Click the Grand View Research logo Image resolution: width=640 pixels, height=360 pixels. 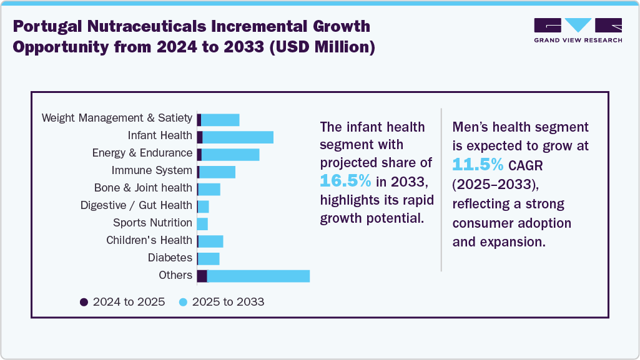pos(578,29)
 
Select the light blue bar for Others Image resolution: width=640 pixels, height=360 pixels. pos(258,276)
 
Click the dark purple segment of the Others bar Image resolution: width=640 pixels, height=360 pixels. pos(202,276)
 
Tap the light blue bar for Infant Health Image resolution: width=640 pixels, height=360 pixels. pos(238,137)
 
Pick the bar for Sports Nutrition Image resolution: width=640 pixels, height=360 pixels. pos(202,223)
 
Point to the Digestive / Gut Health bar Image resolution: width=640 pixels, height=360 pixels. pos(203,206)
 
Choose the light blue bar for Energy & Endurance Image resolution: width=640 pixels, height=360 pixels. pos(230,154)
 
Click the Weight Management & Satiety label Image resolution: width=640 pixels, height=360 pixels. pos(117,118)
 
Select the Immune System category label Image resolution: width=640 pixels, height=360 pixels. pos(152,170)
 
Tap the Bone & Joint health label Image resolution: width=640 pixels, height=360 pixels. pos(143,188)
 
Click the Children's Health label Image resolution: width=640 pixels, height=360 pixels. pos(149,240)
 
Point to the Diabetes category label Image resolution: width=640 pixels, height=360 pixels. pos(170,258)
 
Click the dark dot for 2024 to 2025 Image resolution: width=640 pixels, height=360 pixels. pos(84,302)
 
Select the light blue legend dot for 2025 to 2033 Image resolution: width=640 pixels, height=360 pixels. pos(183,302)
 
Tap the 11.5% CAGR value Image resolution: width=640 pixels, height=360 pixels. pos(478,165)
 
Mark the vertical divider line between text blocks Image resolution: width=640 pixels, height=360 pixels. pos(441,190)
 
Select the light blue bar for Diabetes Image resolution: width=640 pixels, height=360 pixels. pos(209,258)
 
